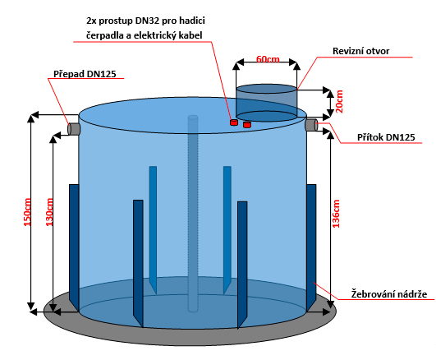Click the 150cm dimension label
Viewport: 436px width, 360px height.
[x=27, y=212]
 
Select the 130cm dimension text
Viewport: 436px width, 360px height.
[x=49, y=212]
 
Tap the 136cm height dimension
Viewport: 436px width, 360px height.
[x=336, y=214]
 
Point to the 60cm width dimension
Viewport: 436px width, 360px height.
[x=268, y=59]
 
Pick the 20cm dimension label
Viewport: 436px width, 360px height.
[x=339, y=101]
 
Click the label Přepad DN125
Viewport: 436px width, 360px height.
[x=85, y=74]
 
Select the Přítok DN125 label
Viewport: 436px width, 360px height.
[x=386, y=137]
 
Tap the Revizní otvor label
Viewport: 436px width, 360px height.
[x=361, y=51]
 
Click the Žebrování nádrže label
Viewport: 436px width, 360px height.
[x=388, y=294]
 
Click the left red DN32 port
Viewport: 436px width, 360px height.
[x=234, y=122]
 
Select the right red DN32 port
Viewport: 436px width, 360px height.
[x=247, y=124]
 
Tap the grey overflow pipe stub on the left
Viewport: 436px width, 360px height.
[x=74, y=129]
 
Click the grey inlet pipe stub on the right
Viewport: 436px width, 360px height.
[x=311, y=124]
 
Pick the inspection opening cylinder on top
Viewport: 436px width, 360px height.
[x=266, y=103]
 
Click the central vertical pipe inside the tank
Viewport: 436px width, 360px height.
[x=193, y=213]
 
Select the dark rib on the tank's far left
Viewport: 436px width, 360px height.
[x=74, y=247]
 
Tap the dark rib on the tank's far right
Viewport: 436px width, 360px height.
[x=311, y=247]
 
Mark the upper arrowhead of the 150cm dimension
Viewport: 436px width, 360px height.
[x=31, y=118]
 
